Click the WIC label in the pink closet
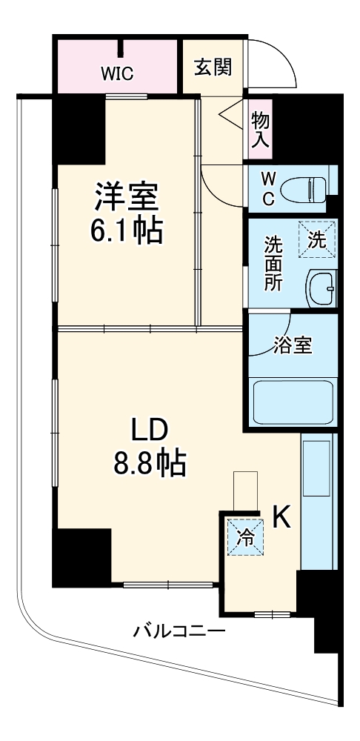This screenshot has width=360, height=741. pos(117,73)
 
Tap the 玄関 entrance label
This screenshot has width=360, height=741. pos(213,67)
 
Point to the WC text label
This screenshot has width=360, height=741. pos(269,189)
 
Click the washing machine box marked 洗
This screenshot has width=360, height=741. pos(317,239)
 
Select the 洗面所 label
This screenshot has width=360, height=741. pos(273,263)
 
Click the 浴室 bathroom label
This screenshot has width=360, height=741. pos(293,345)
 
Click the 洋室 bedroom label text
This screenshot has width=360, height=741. pos(125,199)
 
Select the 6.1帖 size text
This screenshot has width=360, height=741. pos(126,233)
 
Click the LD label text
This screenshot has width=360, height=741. pos(150,430)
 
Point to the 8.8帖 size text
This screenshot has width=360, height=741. pos(149,464)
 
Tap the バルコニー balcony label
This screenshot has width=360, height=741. pos(179,632)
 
